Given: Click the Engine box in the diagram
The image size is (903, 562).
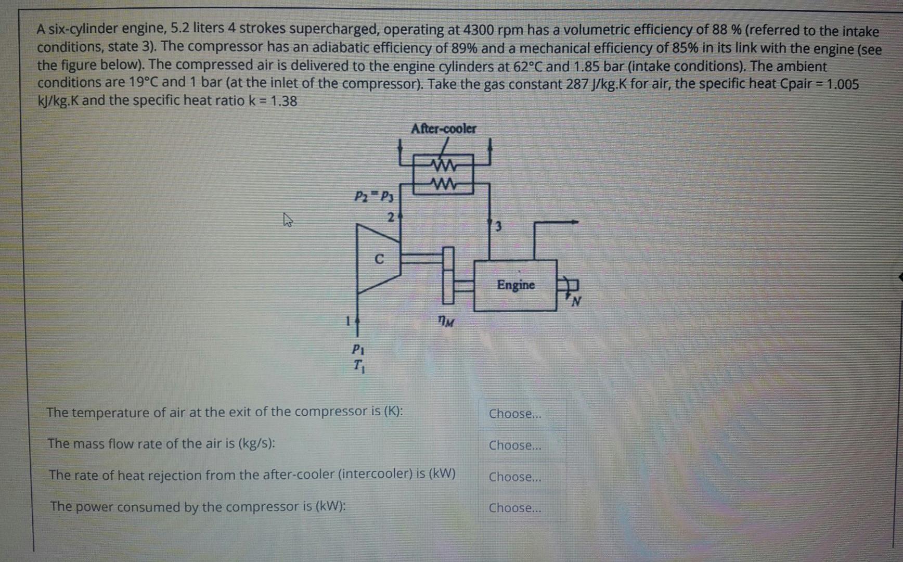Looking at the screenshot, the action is point(515,285).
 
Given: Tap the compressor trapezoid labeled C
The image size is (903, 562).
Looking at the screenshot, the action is point(378,259).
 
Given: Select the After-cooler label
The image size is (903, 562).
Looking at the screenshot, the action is point(443,129).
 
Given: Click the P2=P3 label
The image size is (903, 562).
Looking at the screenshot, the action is point(374,197).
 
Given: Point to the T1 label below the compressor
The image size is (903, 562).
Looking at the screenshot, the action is point(359,366).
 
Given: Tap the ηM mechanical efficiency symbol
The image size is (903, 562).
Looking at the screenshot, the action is point(446,322).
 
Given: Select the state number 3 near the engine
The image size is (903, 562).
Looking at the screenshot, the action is point(498,226).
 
